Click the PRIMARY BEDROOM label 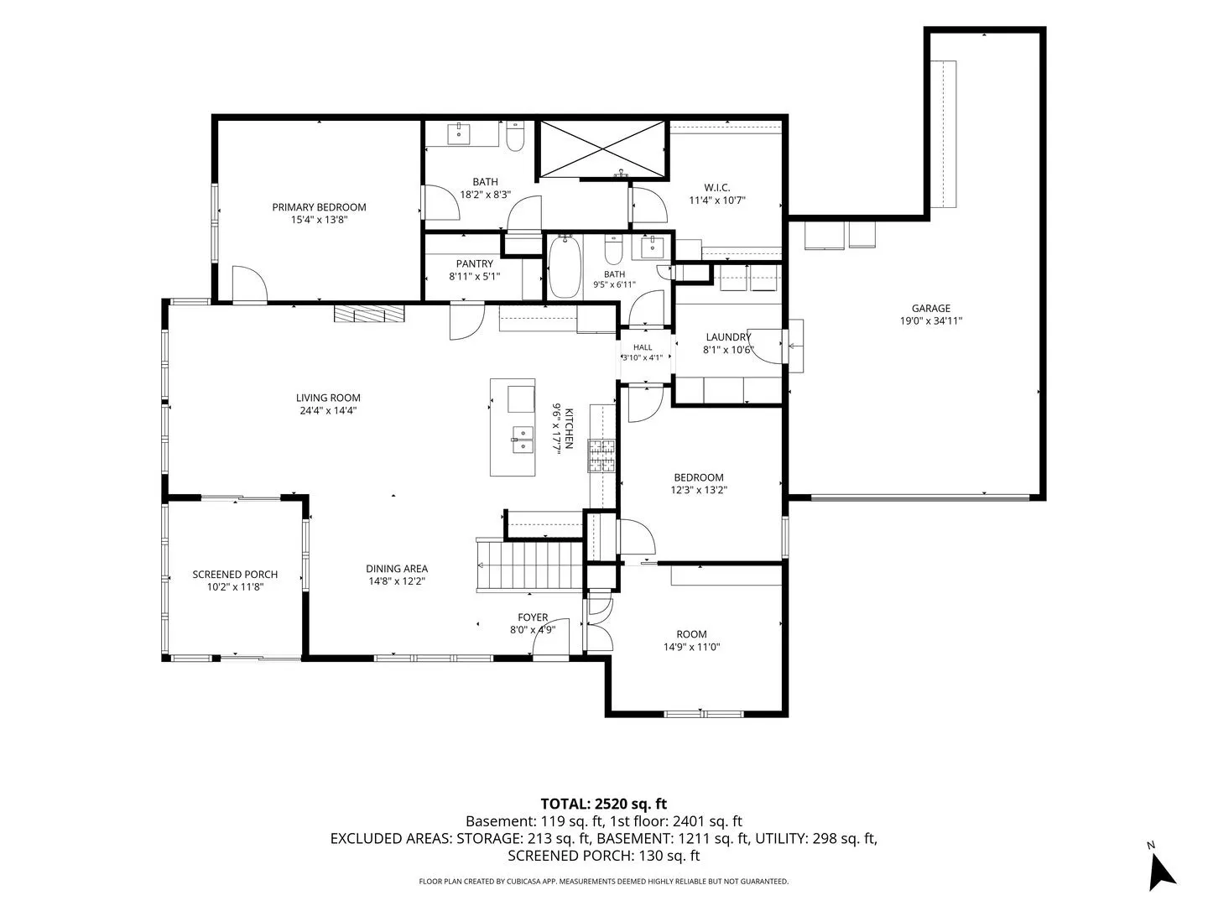click(x=319, y=207)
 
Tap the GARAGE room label click(x=930, y=309)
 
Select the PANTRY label click(x=475, y=264)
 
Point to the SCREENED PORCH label click(x=235, y=575)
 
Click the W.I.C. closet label click(x=717, y=188)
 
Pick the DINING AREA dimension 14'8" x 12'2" click(x=397, y=581)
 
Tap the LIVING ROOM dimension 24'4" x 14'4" click(x=328, y=410)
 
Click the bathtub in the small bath click(x=564, y=267)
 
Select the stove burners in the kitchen click(x=602, y=456)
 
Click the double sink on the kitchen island click(x=523, y=440)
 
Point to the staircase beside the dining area click(x=528, y=565)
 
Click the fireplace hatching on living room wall click(x=369, y=313)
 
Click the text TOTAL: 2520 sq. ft click(x=604, y=804)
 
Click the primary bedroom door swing click(x=250, y=284)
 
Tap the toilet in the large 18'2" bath click(x=515, y=136)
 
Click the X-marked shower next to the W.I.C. click(x=602, y=148)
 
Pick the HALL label click(x=643, y=347)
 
